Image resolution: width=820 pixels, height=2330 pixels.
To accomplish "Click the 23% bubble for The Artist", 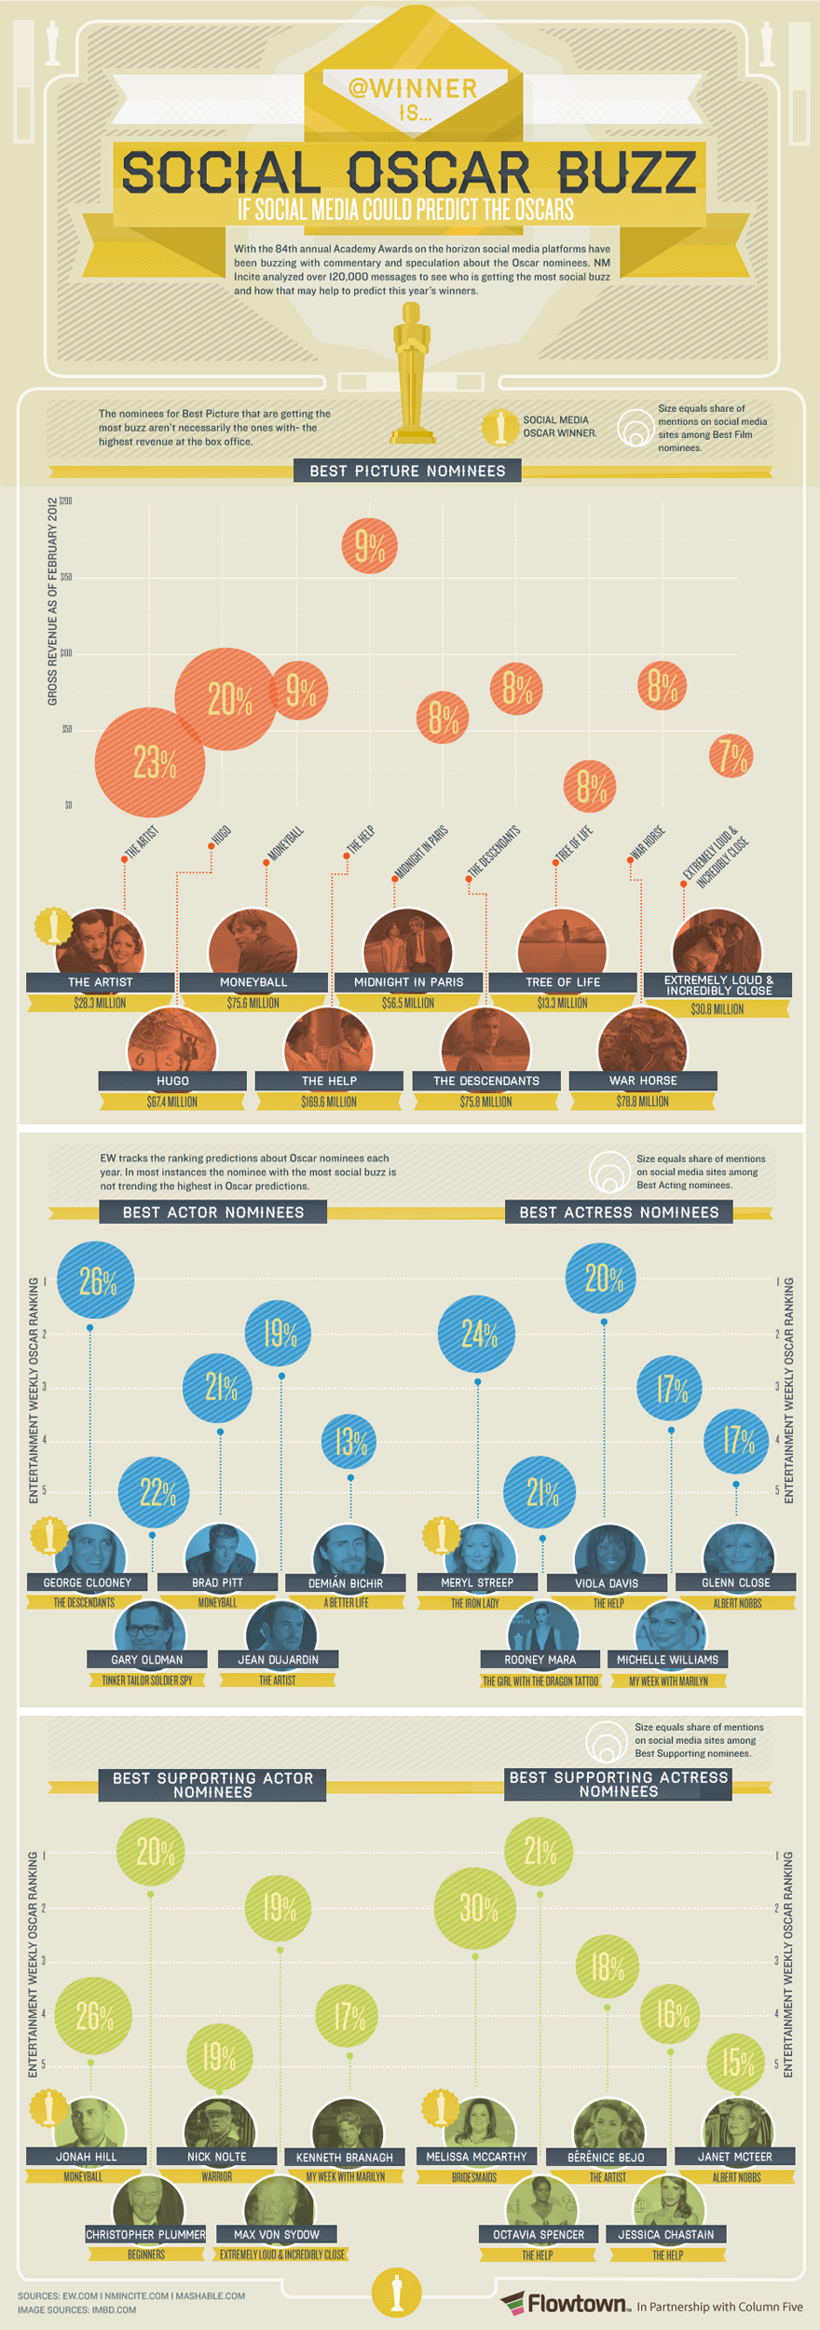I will click(x=149, y=762).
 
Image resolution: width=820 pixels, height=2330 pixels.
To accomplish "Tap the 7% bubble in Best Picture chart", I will click(x=731, y=755).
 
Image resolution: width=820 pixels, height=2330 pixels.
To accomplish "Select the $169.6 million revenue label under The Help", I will click(x=329, y=1102).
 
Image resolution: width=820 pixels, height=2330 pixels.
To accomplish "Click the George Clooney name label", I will click(x=88, y=1583).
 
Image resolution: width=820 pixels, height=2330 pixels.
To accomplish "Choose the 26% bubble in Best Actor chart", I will click(x=95, y=1281).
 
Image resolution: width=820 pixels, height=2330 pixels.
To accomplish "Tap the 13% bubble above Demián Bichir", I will click(x=349, y=1442).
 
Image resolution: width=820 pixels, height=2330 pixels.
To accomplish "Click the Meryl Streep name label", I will click(x=476, y=1583).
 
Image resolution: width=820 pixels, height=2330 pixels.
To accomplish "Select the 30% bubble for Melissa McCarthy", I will click(x=475, y=1907).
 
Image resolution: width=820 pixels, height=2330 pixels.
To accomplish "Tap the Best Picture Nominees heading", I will click(x=407, y=471).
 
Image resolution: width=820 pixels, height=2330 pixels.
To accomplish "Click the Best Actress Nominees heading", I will click(x=619, y=1212).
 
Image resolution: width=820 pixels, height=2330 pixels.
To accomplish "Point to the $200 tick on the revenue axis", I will click(x=65, y=501).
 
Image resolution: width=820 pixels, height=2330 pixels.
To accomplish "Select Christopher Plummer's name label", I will click(x=145, y=2234).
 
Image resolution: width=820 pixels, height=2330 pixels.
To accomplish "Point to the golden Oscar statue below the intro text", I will click(x=411, y=373).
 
